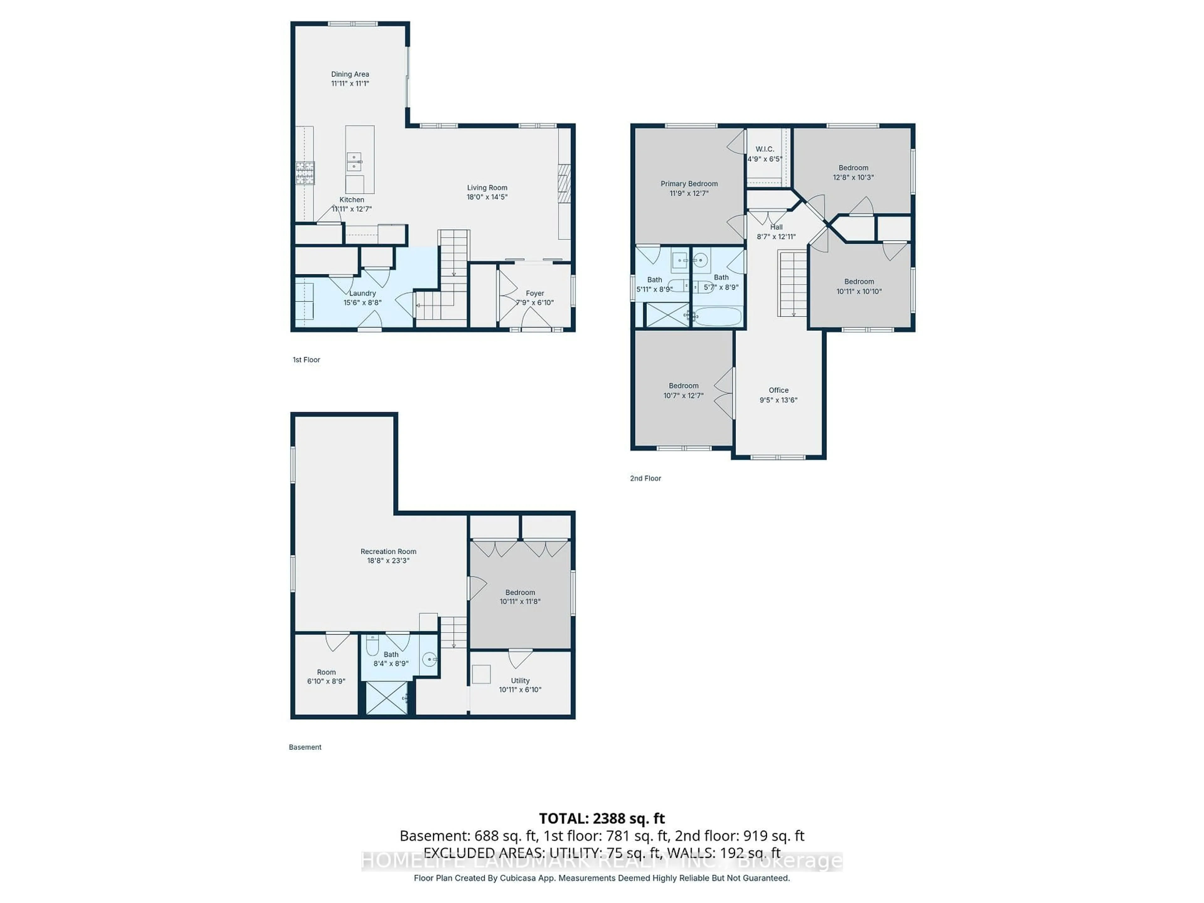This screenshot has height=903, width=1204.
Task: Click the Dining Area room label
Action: point(350,74)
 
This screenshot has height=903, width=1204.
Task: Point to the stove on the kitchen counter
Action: point(305,173)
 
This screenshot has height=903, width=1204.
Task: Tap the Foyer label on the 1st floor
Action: point(535,293)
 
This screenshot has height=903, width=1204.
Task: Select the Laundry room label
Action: point(362,293)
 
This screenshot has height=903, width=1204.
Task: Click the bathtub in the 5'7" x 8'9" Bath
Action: point(718,317)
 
